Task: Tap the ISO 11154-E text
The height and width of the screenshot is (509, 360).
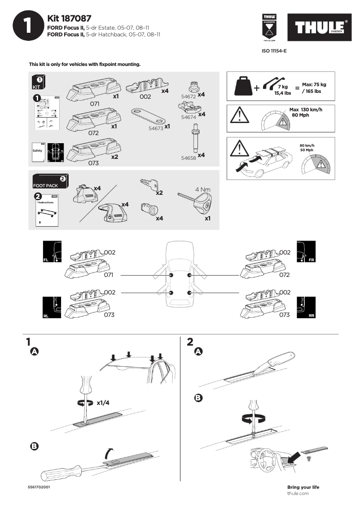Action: point(274,51)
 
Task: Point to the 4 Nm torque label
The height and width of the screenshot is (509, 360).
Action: point(202,189)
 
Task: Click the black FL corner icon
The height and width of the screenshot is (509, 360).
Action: point(52,251)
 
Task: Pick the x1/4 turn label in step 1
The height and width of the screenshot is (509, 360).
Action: point(103,403)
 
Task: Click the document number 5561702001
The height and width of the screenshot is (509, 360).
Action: point(39,487)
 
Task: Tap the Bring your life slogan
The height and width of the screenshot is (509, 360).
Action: point(303,487)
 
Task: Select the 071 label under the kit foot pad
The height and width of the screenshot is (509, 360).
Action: point(95,104)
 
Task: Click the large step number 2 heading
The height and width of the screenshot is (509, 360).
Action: point(190,342)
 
